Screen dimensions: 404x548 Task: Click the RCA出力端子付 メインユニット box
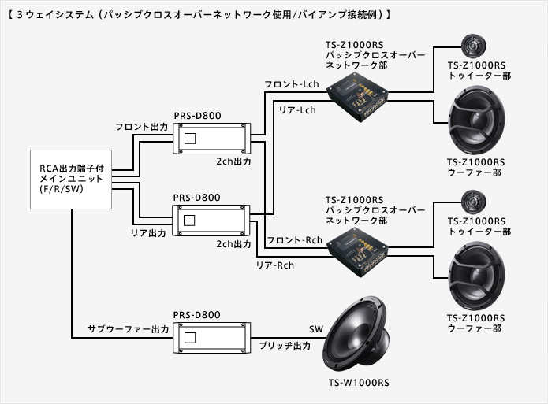tap(70, 178)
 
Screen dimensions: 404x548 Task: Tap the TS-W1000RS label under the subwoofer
tap(360, 384)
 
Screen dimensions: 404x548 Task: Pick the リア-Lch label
tap(296, 110)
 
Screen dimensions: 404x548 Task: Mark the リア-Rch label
tap(275, 265)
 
